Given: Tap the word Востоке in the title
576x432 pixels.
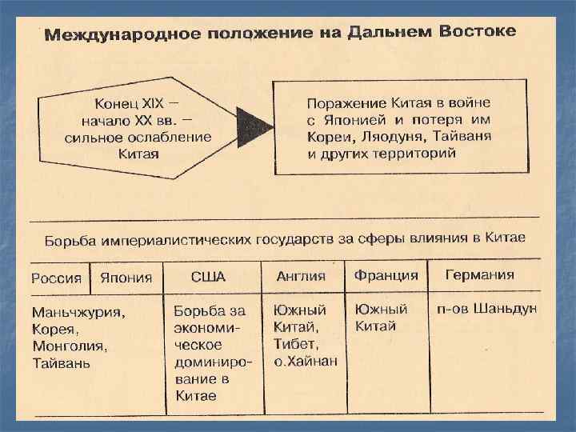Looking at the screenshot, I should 478,32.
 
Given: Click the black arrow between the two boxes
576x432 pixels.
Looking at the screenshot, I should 256,126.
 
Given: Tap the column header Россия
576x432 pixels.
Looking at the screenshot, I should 56,278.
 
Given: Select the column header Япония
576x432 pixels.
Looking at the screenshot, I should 126,278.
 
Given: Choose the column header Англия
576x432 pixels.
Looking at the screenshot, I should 301,277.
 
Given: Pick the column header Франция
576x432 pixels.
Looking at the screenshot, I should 386,275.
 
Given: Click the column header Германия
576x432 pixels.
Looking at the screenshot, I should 480,274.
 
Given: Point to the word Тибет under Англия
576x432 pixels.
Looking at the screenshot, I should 295,344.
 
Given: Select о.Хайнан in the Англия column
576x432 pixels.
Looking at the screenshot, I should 306,361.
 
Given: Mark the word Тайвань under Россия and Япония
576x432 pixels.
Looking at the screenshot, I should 61,363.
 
